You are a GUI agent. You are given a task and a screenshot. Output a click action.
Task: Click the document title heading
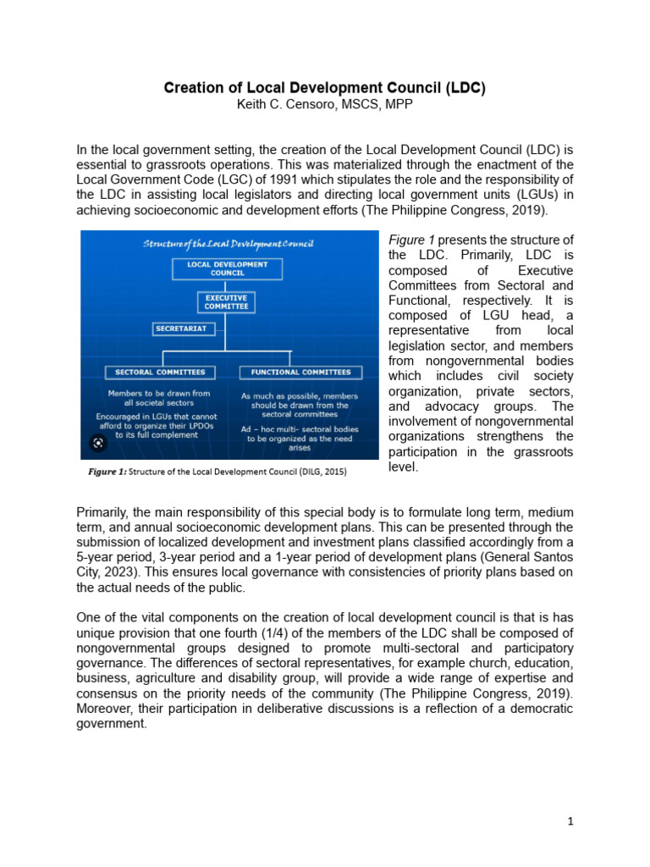point(325,87)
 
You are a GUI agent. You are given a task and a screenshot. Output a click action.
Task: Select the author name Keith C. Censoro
point(324,103)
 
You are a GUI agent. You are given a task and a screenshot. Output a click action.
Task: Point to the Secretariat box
point(181,328)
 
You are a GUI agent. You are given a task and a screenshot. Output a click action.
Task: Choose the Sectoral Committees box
point(160,372)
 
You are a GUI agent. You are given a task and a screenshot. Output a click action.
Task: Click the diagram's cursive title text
point(228,244)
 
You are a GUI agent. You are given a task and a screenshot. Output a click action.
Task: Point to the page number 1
point(570,821)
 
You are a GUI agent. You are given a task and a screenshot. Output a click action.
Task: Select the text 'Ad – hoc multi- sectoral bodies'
point(300,429)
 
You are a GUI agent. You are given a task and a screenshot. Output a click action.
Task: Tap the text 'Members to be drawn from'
point(159,393)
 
